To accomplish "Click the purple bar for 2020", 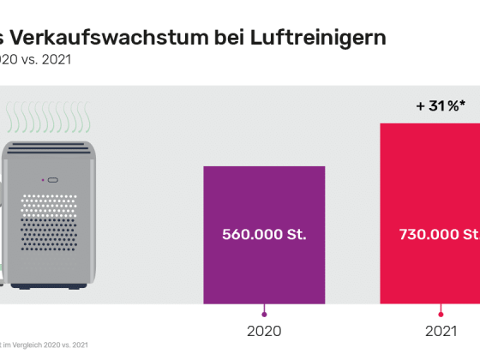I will pyautogui.click(x=263, y=197).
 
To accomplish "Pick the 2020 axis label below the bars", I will pyautogui.click(x=264, y=329).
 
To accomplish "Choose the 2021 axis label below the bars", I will pyautogui.click(x=441, y=329).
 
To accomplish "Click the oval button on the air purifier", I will pyautogui.click(x=53, y=180).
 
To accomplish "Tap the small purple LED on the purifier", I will pyautogui.click(x=43, y=180).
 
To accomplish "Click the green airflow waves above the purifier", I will pyautogui.click(x=46, y=116).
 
